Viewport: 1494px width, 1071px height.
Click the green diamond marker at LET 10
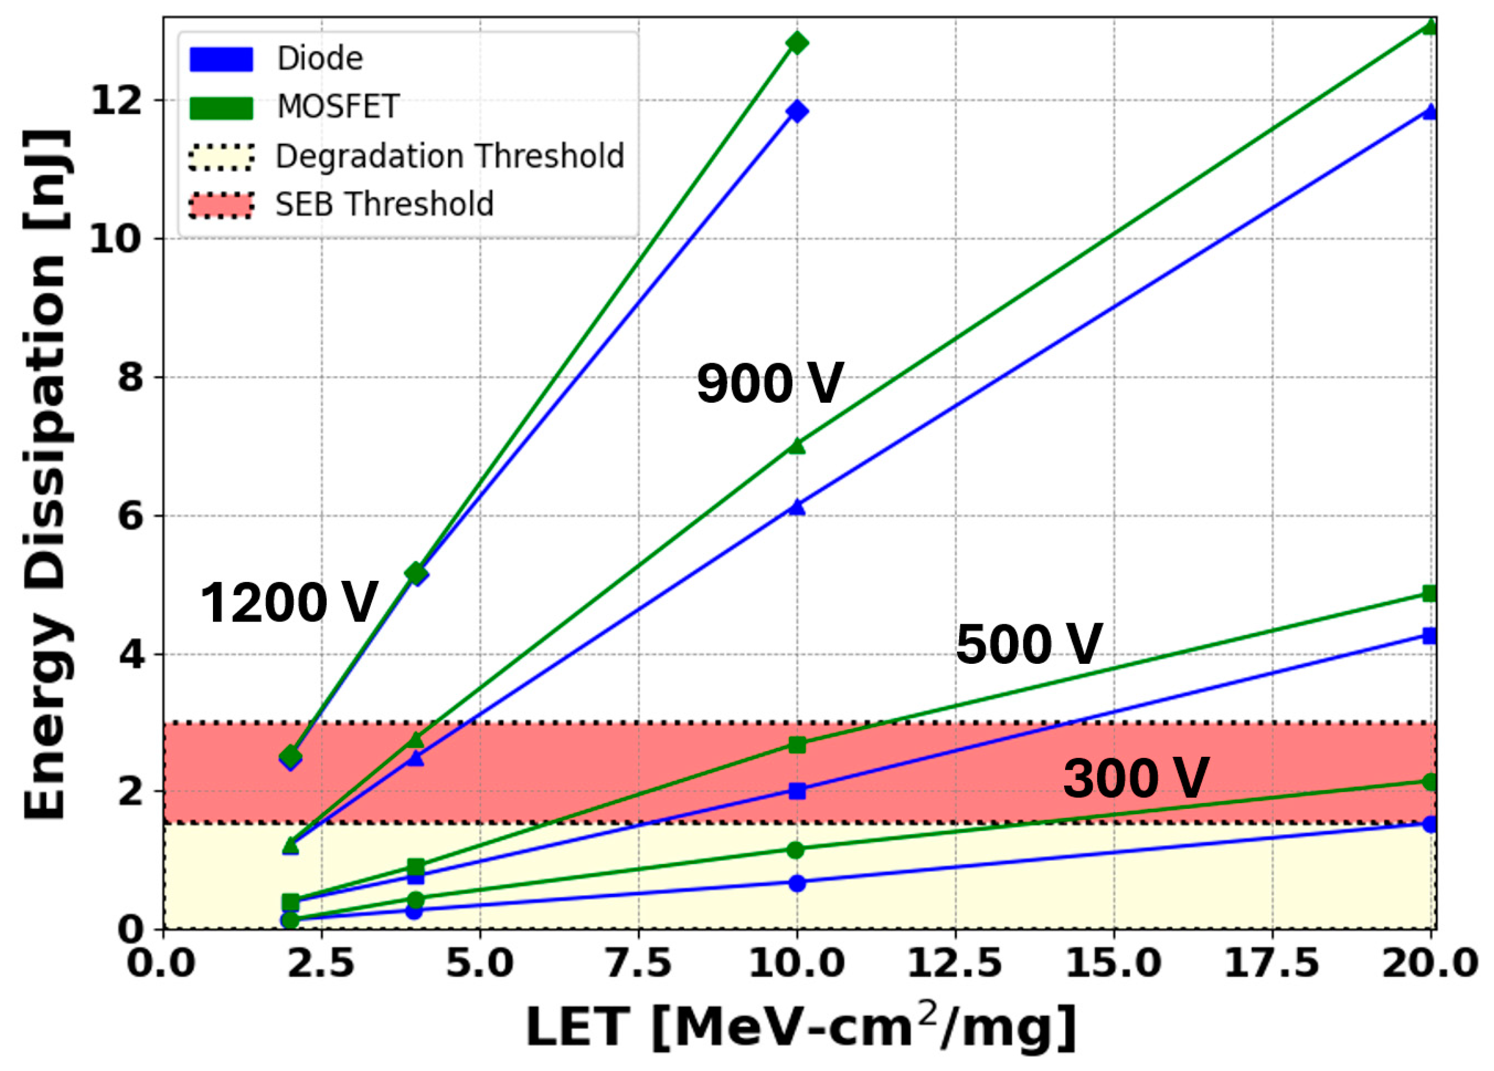click(797, 43)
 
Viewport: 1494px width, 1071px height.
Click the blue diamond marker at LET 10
click(797, 111)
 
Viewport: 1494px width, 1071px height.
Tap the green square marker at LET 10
click(797, 745)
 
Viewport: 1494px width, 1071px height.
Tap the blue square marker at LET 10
click(797, 791)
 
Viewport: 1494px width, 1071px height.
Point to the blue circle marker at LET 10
click(797, 883)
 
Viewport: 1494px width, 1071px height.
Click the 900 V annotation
click(769, 384)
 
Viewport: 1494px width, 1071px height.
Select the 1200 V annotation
click(289, 602)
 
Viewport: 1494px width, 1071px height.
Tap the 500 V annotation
click(1029, 644)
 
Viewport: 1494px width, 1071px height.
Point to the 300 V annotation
click(1136, 778)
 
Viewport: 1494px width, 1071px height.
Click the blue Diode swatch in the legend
click(221, 59)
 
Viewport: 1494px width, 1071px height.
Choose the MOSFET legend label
click(338, 107)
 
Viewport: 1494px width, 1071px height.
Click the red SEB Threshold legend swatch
click(221, 205)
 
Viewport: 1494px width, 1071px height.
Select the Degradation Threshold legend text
click(449, 156)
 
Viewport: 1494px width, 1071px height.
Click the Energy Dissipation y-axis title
click(46, 474)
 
